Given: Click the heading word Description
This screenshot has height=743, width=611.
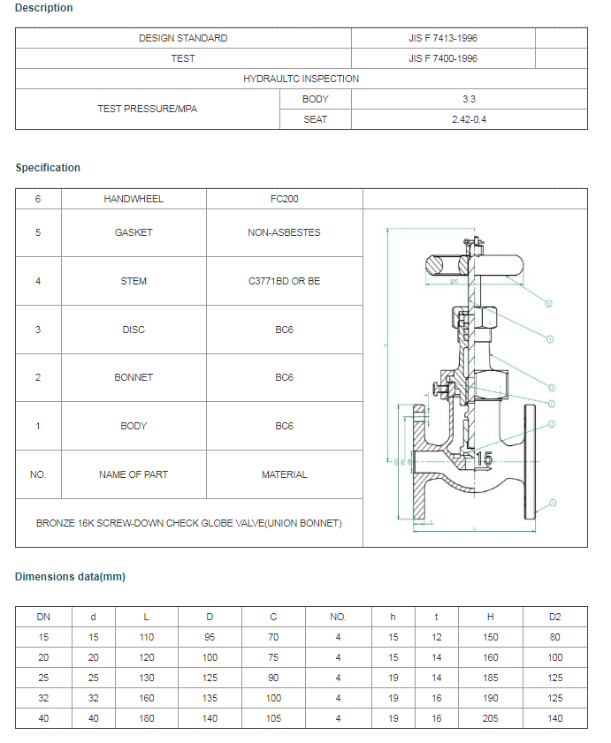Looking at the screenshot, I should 44,8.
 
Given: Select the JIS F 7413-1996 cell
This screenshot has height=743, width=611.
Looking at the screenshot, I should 443,38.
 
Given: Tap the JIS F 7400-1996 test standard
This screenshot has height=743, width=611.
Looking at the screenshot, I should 443,58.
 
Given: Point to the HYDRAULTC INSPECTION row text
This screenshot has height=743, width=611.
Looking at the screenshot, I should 301,79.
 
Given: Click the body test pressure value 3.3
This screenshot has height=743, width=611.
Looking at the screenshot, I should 469,99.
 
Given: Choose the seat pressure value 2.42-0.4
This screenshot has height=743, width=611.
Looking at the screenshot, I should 469,119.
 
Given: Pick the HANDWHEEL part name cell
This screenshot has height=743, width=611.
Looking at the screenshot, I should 134,199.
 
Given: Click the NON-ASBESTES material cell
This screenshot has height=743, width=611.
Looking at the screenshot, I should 284,232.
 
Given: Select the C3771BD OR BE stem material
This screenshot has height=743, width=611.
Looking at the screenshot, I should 284,281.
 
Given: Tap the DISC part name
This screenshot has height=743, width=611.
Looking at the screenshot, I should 134,330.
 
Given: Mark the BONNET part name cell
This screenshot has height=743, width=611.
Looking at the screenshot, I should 134,377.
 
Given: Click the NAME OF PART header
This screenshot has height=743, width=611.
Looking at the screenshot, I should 134,474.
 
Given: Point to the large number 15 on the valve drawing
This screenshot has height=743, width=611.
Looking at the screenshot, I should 484,459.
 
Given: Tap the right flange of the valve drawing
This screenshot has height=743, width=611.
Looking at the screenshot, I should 530,462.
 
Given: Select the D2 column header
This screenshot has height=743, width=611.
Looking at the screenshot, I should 554,617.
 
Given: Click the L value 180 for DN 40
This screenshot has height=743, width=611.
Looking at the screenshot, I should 147,718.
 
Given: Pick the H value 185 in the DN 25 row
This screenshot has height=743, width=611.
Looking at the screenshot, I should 491,678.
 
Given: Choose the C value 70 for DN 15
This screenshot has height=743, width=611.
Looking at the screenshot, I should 274,637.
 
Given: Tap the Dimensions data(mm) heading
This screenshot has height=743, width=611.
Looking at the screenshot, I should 70,577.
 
